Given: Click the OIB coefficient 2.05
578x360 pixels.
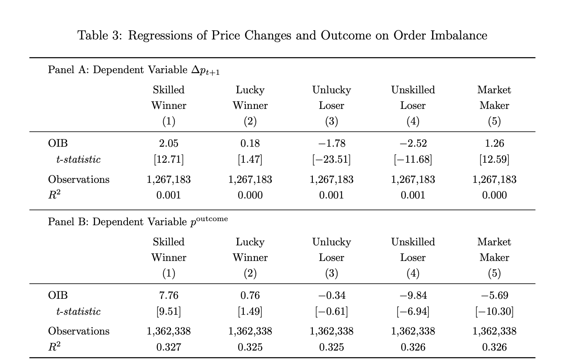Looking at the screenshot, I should pos(169,143).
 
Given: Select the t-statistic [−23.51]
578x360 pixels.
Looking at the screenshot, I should pos(331,159).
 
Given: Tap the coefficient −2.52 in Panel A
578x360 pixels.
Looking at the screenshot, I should pos(413,143).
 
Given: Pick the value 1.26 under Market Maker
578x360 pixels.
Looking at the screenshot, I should pos(494,143).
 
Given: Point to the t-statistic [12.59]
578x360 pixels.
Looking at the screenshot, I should pos(494,159).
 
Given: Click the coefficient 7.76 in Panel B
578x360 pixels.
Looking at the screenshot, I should pos(169,295).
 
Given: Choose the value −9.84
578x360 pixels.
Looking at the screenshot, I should pos(413,295).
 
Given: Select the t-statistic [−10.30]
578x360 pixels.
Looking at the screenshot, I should pos(494,312).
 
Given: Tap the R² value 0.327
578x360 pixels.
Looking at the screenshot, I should pos(169,347).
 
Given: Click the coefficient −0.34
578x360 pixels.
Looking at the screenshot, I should pos(331,295).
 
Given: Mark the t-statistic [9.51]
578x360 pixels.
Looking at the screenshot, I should pos(169,312).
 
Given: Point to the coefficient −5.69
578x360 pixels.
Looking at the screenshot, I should pos(494,295).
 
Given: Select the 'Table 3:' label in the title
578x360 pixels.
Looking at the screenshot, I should pos(99,35).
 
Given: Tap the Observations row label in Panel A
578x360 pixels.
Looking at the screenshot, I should pos(79,180).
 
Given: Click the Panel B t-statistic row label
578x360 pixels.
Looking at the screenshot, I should pos(78,312).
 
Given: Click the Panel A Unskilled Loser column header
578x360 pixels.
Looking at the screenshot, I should pos(413,98).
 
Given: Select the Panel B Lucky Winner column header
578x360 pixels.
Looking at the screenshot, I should pos(250,250).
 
